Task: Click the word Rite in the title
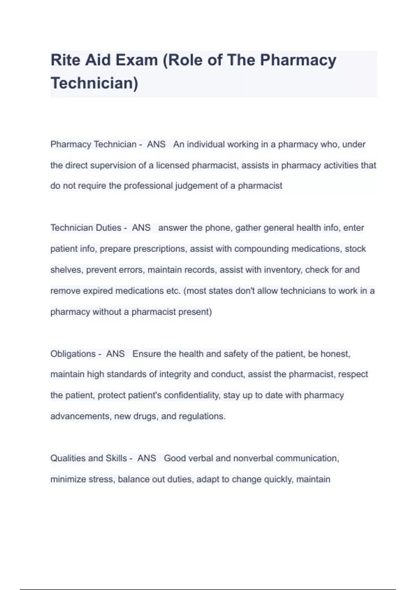(x=65, y=60)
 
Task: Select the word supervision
(x=113, y=165)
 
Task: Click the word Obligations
(x=73, y=354)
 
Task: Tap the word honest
(x=335, y=354)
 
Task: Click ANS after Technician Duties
(x=141, y=228)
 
